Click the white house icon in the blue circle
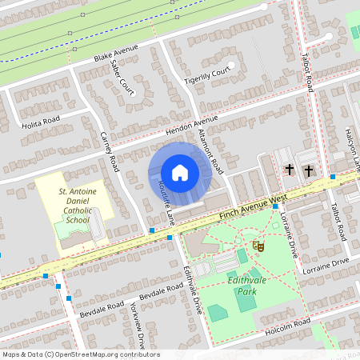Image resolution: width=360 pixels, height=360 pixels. (179, 172)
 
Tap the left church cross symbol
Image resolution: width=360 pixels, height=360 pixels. (290, 170)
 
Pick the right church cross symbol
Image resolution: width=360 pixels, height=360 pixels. (308, 170)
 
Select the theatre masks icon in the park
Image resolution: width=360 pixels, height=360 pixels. (257, 246)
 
